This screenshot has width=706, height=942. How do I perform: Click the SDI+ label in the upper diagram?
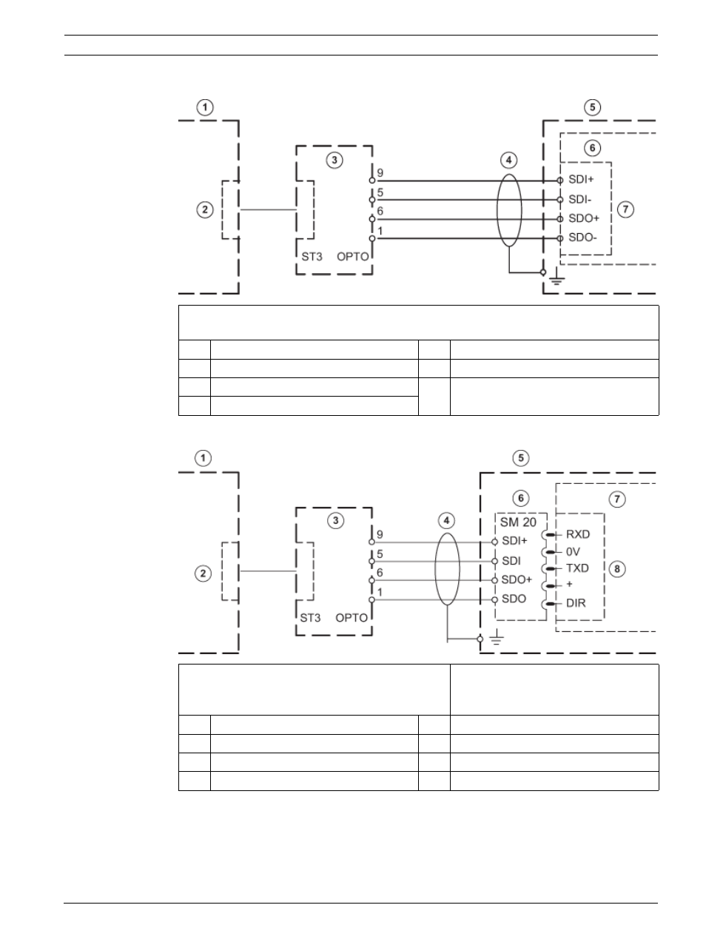coord(581,179)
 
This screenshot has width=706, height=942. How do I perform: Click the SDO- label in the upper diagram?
coord(582,238)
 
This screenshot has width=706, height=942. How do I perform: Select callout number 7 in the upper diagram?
coord(625,209)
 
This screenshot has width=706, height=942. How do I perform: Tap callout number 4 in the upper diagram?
coord(508,161)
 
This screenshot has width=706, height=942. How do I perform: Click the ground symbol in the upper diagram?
coord(557,277)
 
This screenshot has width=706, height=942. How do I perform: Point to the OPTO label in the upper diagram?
coord(353,257)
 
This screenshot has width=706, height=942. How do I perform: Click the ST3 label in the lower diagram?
coord(310,618)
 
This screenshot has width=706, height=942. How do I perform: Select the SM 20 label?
coord(518,522)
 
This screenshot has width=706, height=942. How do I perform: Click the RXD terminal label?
coord(578,534)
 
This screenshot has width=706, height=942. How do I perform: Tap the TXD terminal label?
coord(577,568)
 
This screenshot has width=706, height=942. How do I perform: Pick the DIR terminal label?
coord(576,603)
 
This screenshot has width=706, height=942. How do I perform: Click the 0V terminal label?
coord(573,551)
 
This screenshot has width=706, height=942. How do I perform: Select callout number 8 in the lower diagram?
coord(617,569)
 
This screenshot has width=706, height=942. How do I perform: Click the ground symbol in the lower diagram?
coord(497,638)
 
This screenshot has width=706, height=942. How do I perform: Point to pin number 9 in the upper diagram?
coord(380,173)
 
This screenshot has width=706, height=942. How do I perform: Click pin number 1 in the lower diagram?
coord(380,593)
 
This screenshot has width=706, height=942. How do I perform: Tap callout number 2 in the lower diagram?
coord(203,573)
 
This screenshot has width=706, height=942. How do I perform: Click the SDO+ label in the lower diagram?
coord(517,580)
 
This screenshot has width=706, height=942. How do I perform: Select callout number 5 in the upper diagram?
coord(593,107)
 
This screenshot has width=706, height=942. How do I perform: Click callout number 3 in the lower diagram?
coord(336,521)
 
